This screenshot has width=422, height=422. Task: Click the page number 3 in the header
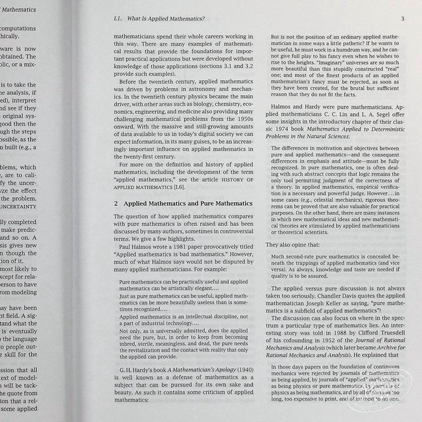[x=402, y=18]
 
